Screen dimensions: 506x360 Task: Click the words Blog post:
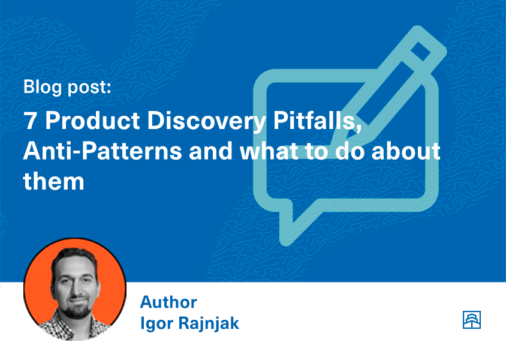[67, 87]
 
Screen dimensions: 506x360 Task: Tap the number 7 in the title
[30, 121]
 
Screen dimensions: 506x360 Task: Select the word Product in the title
[92, 121]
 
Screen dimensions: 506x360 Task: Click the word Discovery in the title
[207, 122]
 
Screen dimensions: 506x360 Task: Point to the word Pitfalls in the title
[317, 121]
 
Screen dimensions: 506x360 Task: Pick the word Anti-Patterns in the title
[103, 151]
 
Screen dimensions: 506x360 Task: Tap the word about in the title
[406, 151]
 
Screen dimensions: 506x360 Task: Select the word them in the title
[53, 181]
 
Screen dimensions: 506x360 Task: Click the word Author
[168, 302]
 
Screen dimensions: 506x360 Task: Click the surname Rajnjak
[209, 323]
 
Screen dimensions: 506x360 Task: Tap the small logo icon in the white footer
[471, 320]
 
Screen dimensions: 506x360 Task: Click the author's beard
[77, 310]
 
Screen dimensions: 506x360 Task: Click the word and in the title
[210, 151]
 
